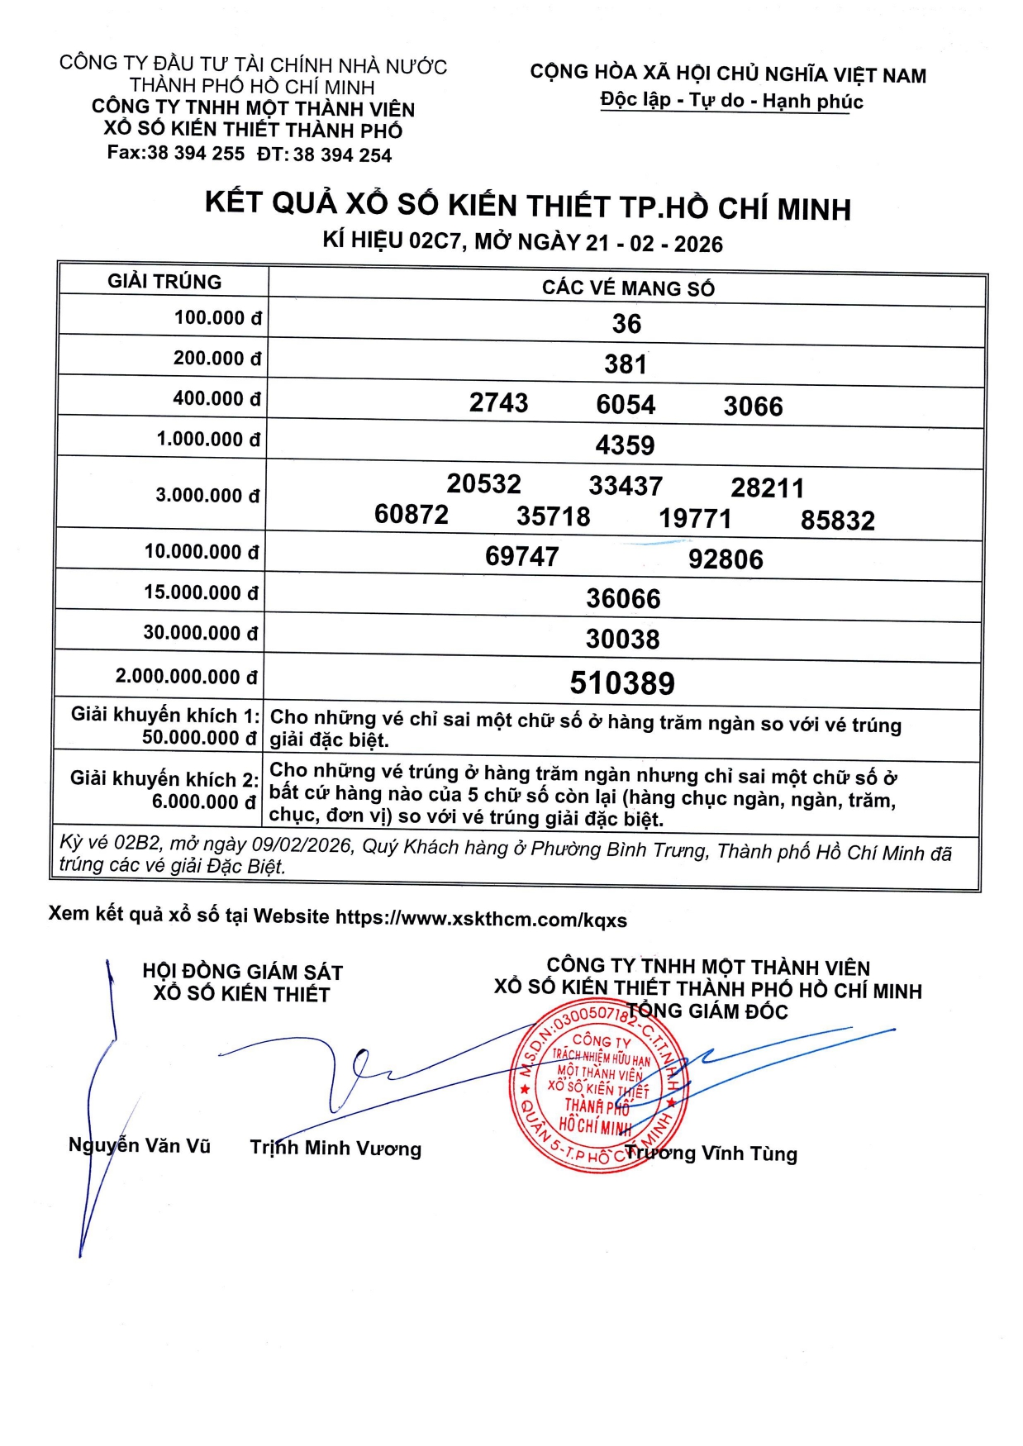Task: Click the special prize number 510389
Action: click(x=622, y=683)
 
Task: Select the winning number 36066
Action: click(x=623, y=598)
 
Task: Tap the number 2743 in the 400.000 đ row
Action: click(x=498, y=402)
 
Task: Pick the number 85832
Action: click(x=837, y=521)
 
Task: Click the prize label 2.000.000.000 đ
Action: click(x=186, y=677)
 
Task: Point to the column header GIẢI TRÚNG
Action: click(x=164, y=282)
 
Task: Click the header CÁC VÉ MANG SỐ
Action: click(x=628, y=288)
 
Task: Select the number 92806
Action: click(x=726, y=559)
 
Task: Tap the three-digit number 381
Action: click(x=626, y=364)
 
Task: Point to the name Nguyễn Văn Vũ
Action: click(x=140, y=1146)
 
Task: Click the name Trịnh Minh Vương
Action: click(x=335, y=1149)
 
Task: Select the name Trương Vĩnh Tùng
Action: click(x=711, y=1153)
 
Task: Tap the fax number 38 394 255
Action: click(x=196, y=154)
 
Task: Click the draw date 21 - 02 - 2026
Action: click(x=654, y=244)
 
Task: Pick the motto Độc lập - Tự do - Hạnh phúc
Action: click(x=731, y=101)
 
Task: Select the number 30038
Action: click(x=623, y=639)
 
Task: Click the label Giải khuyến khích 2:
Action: click(x=164, y=779)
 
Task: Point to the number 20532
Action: click(x=483, y=483)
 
